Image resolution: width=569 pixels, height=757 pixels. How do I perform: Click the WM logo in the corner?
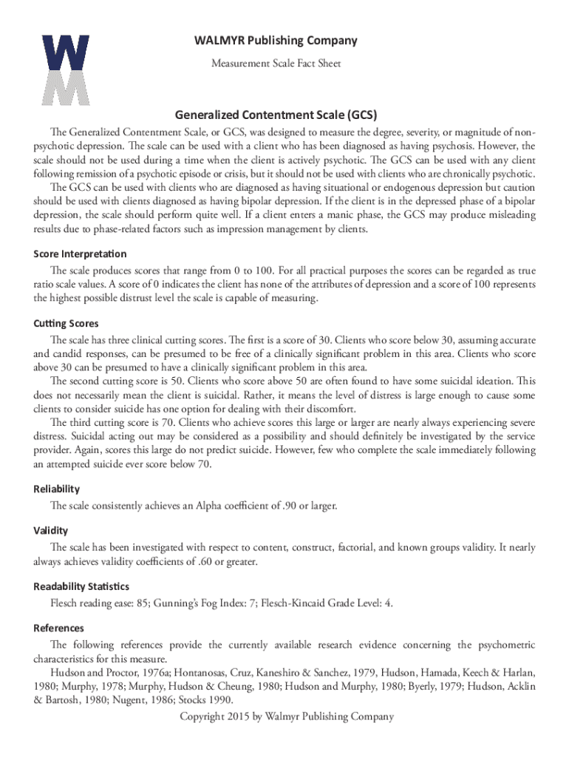pyautogui.click(x=66, y=70)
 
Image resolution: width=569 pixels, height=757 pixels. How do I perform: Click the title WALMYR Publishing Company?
pyautogui.click(x=276, y=41)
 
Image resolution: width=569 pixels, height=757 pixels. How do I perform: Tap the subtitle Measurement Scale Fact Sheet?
pyautogui.click(x=276, y=64)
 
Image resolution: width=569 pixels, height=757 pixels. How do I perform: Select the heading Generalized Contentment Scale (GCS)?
pyautogui.click(x=276, y=115)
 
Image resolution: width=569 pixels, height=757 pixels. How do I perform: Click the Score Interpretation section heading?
pyautogui.click(x=75, y=254)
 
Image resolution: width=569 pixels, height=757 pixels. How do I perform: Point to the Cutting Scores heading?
pyautogui.click(x=66, y=324)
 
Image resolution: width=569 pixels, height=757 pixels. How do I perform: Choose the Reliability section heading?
pyautogui.click(x=57, y=489)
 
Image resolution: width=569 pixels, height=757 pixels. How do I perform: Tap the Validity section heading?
pyautogui.click(x=51, y=530)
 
